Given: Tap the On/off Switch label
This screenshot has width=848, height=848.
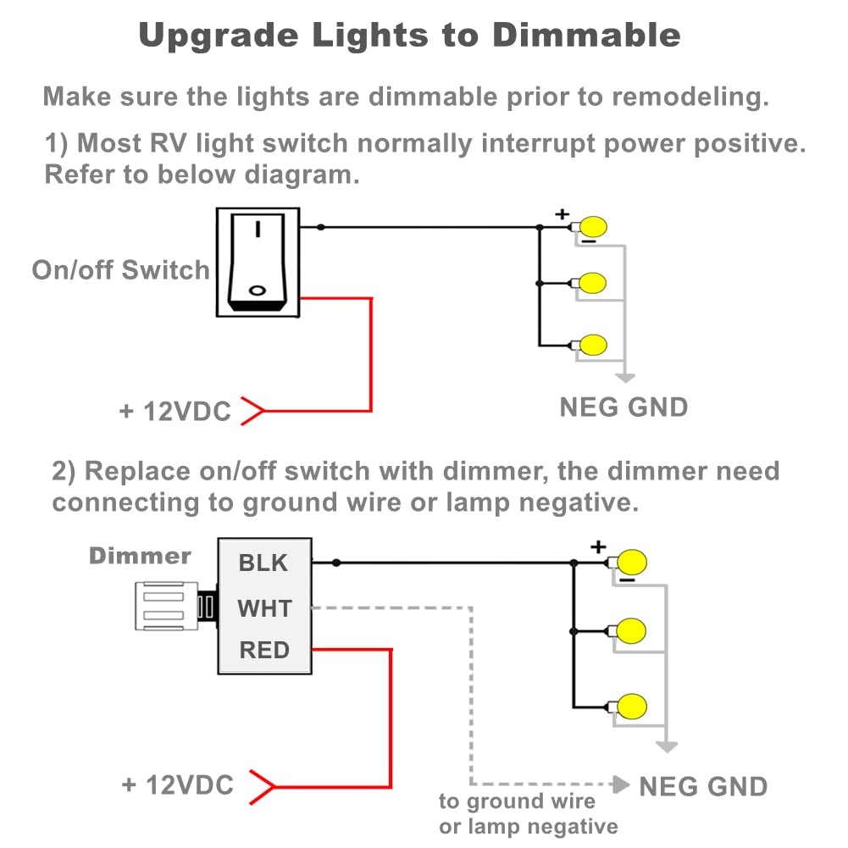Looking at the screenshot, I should pyautogui.click(x=121, y=270).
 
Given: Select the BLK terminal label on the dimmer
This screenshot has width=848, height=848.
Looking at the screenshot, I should pyautogui.click(x=263, y=563).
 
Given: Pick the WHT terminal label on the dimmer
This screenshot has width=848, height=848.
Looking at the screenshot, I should pyautogui.click(x=264, y=608).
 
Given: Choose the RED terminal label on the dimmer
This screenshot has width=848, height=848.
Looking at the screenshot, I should pyautogui.click(x=264, y=651).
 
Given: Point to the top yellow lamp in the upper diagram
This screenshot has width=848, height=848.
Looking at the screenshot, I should pyautogui.click(x=596, y=227).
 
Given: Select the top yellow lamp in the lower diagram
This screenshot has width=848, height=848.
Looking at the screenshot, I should pyautogui.click(x=632, y=562).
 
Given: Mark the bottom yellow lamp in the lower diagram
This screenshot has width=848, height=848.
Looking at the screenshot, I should pyautogui.click(x=632, y=706).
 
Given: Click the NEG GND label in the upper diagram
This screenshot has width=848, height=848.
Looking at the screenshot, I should pyautogui.click(x=624, y=407).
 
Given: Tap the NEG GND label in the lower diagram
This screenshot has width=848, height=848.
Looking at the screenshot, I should pyautogui.click(x=703, y=786).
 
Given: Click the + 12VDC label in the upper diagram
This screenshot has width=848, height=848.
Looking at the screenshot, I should pyautogui.click(x=175, y=412).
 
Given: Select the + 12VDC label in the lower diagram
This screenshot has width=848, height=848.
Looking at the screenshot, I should pyautogui.click(x=177, y=784).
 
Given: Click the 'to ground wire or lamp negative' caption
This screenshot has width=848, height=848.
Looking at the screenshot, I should pyautogui.click(x=527, y=814).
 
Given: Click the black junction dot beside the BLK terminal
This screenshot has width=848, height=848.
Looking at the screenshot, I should pyautogui.click(x=336, y=563).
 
